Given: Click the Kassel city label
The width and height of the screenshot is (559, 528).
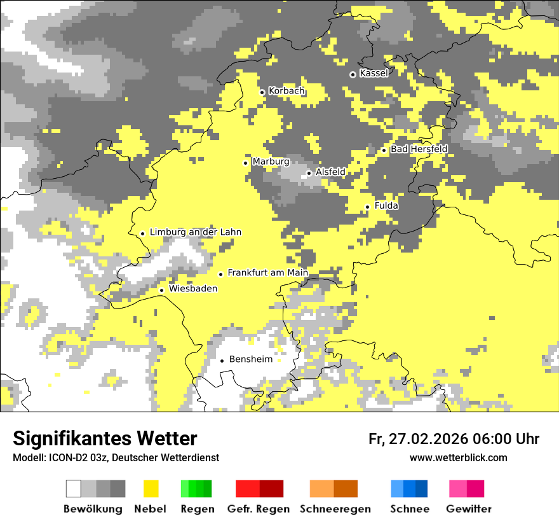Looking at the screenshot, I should (x=374, y=73).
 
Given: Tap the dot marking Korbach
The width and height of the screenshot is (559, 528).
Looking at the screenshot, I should (x=262, y=92).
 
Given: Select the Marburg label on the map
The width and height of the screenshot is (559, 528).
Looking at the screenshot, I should (x=271, y=162).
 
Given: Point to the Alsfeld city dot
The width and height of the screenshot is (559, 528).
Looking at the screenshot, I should (x=309, y=173).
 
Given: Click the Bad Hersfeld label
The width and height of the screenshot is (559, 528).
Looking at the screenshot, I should (x=419, y=149).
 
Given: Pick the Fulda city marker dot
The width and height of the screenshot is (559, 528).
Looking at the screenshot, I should (x=367, y=207).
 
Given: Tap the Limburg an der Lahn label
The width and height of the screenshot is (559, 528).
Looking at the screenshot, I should (x=195, y=232).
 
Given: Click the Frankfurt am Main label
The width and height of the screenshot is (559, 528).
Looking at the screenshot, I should (x=267, y=273).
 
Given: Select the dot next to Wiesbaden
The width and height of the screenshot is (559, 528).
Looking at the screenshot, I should (x=161, y=290).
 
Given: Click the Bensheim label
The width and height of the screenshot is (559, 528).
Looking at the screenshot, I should (x=250, y=359).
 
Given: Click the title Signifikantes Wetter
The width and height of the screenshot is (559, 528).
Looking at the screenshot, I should (x=105, y=439).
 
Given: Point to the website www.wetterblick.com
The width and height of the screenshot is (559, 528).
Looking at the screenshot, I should (x=458, y=458).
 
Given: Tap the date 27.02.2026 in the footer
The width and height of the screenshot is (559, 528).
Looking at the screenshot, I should (x=426, y=439).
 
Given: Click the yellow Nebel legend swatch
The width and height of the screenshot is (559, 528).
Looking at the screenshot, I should (x=151, y=489).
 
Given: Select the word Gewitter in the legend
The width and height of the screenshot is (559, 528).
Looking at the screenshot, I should (x=468, y=509).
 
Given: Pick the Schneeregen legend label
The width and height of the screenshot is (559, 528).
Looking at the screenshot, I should (x=335, y=509).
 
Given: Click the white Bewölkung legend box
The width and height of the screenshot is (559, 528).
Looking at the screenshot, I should (x=73, y=489).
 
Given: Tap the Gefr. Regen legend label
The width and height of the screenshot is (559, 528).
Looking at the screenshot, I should (x=258, y=509).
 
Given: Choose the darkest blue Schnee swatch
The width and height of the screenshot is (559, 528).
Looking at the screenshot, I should (x=422, y=489).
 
